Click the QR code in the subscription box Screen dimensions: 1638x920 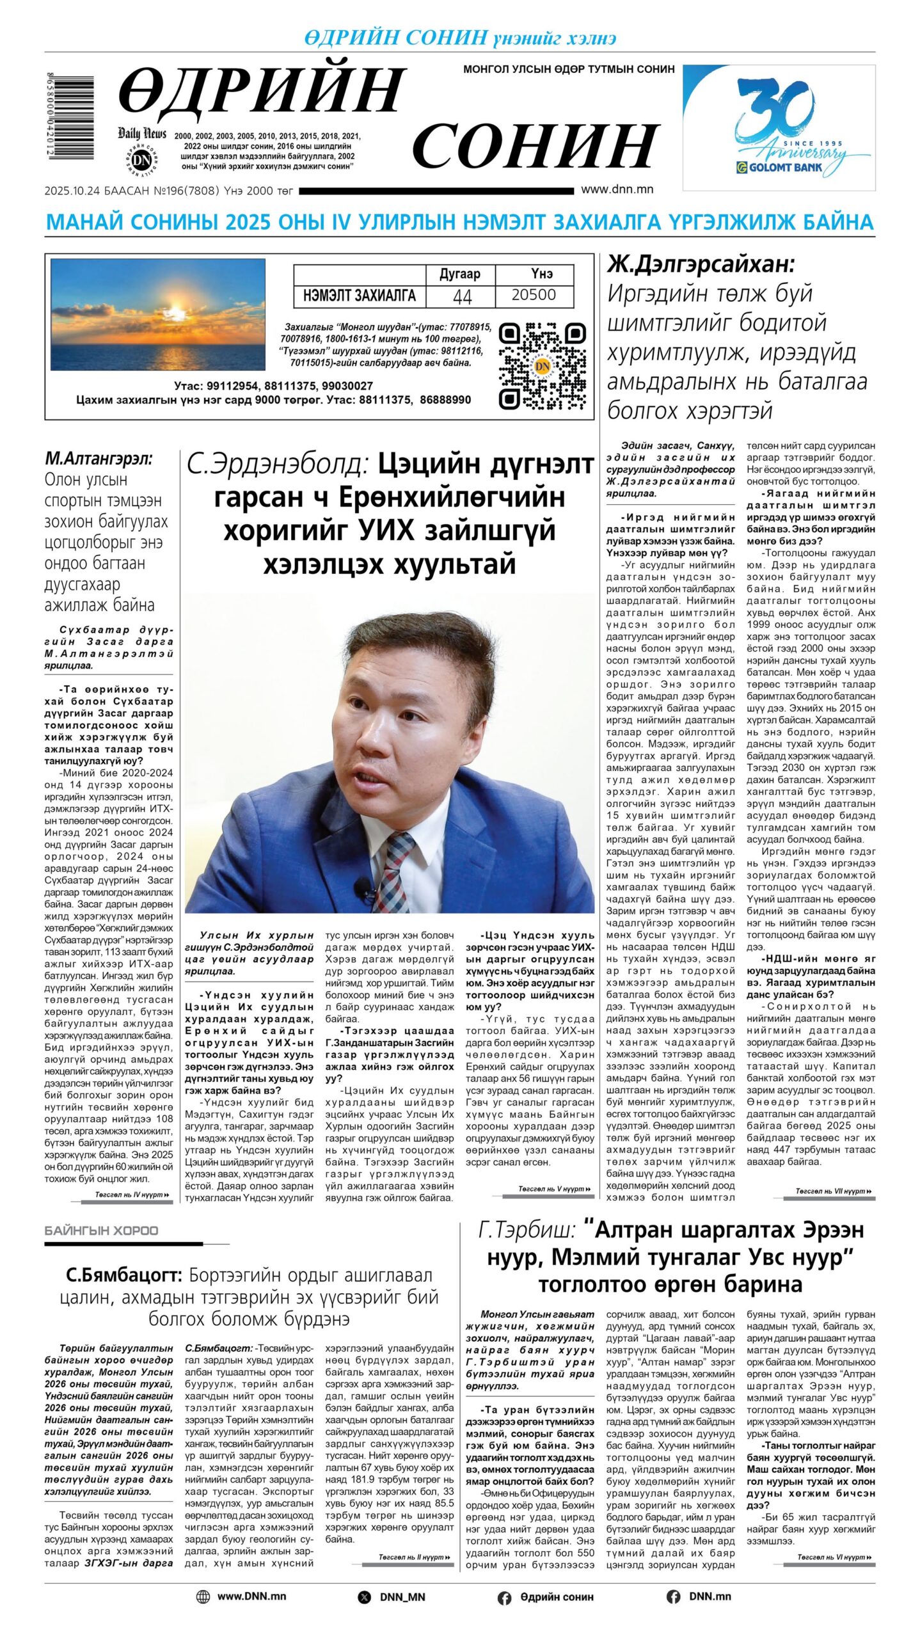pyautogui.click(x=542, y=365)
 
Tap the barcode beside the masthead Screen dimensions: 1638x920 pyautogui.click(x=71, y=116)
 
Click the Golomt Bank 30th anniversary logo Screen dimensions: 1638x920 pyautogui.click(x=779, y=127)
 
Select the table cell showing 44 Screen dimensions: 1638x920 pyautogui.click(x=461, y=296)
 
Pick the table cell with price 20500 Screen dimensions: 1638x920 pyautogui.click(x=534, y=295)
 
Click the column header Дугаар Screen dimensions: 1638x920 pyautogui.click(x=460, y=274)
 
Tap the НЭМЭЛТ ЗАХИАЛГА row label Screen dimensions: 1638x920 pyautogui.click(x=360, y=296)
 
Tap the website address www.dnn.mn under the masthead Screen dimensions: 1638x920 pyautogui.click(x=617, y=189)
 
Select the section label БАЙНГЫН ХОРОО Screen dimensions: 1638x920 pyautogui.click(x=102, y=1230)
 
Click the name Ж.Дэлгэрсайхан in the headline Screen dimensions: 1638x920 pyautogui.click(x=701, y=264)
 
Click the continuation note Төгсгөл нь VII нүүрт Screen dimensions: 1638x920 pyautogui.click(x=829, y=1191)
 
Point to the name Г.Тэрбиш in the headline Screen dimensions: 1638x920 pyautogui.click(x=527, y=1230)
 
